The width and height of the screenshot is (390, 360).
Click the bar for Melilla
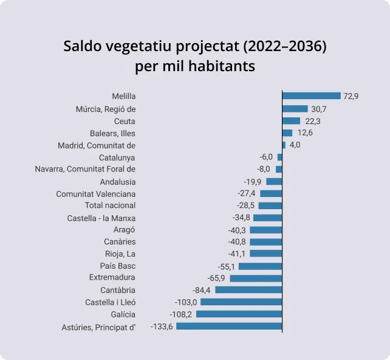tap(311, 96)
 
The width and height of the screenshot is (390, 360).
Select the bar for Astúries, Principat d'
tap(229, 327)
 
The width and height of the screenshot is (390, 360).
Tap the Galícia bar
tap(239, 314)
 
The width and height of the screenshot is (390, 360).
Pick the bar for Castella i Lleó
tap(241, 302)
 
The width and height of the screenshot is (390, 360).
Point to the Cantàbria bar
tap(248, 290)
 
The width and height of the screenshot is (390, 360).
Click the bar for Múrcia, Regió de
tap(295, 109)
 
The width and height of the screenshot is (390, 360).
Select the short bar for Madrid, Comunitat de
tap(284, 145)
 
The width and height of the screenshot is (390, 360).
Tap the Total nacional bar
tap(270, 206)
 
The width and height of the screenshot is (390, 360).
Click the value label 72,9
tap(351, 96)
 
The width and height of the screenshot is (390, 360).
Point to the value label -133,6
tap(162, 327)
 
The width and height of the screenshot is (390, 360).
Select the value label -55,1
tap(226, 266)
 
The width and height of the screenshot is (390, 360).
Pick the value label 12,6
tap(304, 133)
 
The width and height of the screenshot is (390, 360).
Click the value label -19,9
tap(253, 181)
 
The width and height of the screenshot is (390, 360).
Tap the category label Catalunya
tap(117, 157)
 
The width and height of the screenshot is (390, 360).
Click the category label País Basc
tap(118, 266)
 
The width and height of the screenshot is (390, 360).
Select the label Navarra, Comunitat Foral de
tap(85, 169)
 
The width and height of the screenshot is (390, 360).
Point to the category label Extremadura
tap(112, 278)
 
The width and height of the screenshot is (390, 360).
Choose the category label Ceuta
tap(125, 121)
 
